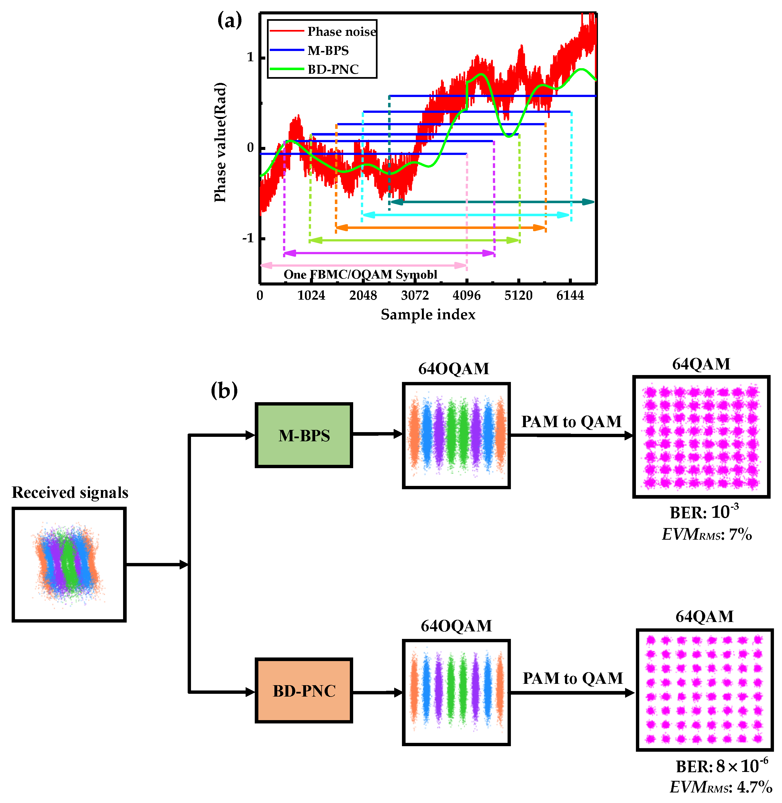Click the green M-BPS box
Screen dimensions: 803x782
[x=304, y=435]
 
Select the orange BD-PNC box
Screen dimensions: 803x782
[x=304, y=691]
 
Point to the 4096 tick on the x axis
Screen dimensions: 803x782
[x=467, y=295]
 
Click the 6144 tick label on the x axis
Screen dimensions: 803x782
[x=570, y=295]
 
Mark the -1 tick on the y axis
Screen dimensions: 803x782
[x=248, y=238]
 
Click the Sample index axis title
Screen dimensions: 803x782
[x=428, y=315]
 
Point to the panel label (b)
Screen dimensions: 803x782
[x=224, y=390]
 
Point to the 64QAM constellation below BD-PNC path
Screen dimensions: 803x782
[x=704, y=690]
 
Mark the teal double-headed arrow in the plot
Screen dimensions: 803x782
[x=492, y=202]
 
